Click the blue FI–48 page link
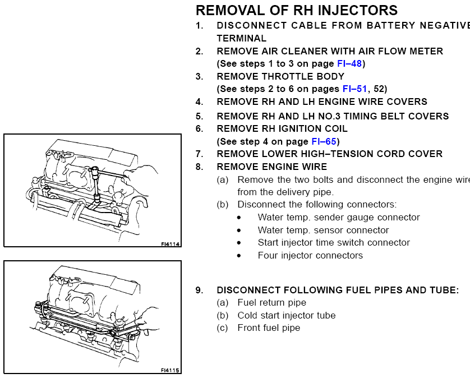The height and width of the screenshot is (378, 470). click(349, 64)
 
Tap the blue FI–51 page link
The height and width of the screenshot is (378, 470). click(355, 89)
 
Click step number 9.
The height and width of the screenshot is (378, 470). click(199, 290)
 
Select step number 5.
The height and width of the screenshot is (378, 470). click(199, 116)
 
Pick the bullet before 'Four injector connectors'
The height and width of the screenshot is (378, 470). click(239, 256)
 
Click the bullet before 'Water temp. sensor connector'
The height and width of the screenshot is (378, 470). click(239, 231)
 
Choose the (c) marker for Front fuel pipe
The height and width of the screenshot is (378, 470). click(223, 328)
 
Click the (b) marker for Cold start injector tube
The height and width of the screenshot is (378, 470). click(223, 315)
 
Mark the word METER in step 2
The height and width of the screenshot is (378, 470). click(425, 51)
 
